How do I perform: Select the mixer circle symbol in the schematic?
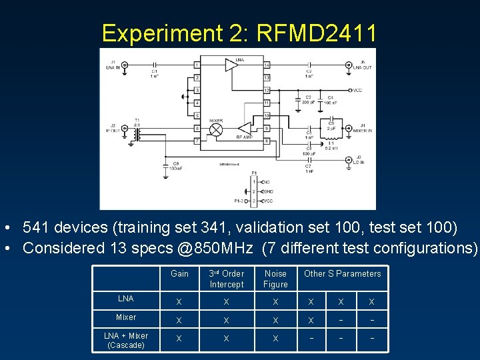[216, 130]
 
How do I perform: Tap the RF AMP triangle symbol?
[245, 128]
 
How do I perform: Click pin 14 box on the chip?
[266, 65]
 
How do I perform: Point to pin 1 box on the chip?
[197, 65]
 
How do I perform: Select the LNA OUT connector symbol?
[349, 65]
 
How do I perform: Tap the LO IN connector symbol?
[348, 160]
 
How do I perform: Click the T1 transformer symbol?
[137, 134]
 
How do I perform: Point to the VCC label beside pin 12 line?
[358, 90]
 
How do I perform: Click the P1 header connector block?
[254, 191]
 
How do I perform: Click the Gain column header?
[179, 274]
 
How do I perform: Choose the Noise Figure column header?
[275, 279]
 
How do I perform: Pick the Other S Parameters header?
[342, 274]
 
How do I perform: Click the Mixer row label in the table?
[125, 317]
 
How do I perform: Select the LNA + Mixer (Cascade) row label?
[125, 340]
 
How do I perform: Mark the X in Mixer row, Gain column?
[178, 320]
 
